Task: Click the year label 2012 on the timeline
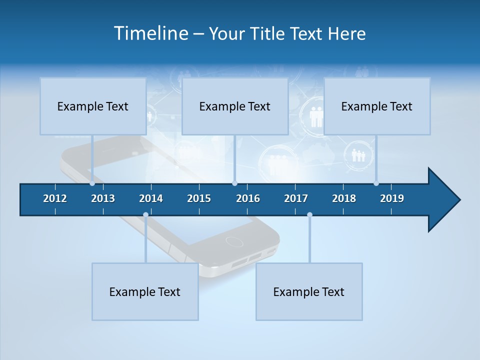coord(55,198)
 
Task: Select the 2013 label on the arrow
coord(103,198)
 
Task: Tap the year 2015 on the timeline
coord(199,198)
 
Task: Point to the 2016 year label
coord(248,198)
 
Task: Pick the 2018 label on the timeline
coord(344,198)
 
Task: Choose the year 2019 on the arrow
coord(392,198)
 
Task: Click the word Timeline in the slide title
coord(150,33)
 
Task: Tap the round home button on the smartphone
coord(234,241)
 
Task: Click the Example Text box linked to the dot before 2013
coord(93,106)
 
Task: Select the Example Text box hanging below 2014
coord(145,291)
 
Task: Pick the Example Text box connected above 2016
coord(235,106)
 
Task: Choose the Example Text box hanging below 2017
coord(309,291)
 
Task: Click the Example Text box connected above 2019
coord(377,106)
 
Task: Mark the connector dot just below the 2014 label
coord(145,214)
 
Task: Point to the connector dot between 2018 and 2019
coord(376,183)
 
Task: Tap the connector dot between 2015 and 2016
coord(234,183)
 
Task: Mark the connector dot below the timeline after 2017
coord(309,214)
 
